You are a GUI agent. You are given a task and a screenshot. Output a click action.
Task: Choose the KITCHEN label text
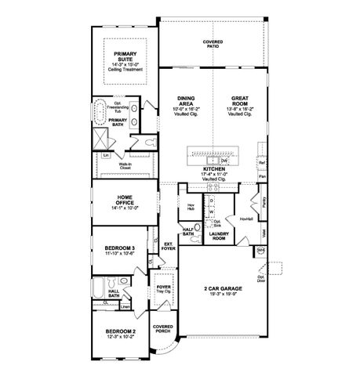(x=214, y=169)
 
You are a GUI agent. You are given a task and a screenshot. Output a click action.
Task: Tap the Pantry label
(x=266, y=201)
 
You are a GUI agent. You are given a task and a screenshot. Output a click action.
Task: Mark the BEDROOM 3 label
(x=120, y=248)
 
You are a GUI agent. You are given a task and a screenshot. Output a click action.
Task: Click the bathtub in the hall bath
(x=97, y=294)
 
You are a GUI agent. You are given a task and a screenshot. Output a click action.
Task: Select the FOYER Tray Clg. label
(x=164, y=289)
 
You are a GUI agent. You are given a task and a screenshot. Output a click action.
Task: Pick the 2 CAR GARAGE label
(x=218, y=291)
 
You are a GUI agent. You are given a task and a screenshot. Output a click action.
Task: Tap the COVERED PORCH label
(x=163, y=330)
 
